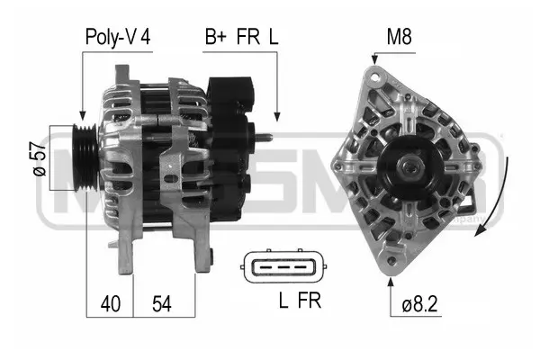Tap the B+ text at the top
click(215, 37)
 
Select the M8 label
click(400, 37)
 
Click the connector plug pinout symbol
click(283, 267)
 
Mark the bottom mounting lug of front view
click(391, 261)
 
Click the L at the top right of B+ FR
click(273, 37)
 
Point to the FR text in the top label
click(247, 37)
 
